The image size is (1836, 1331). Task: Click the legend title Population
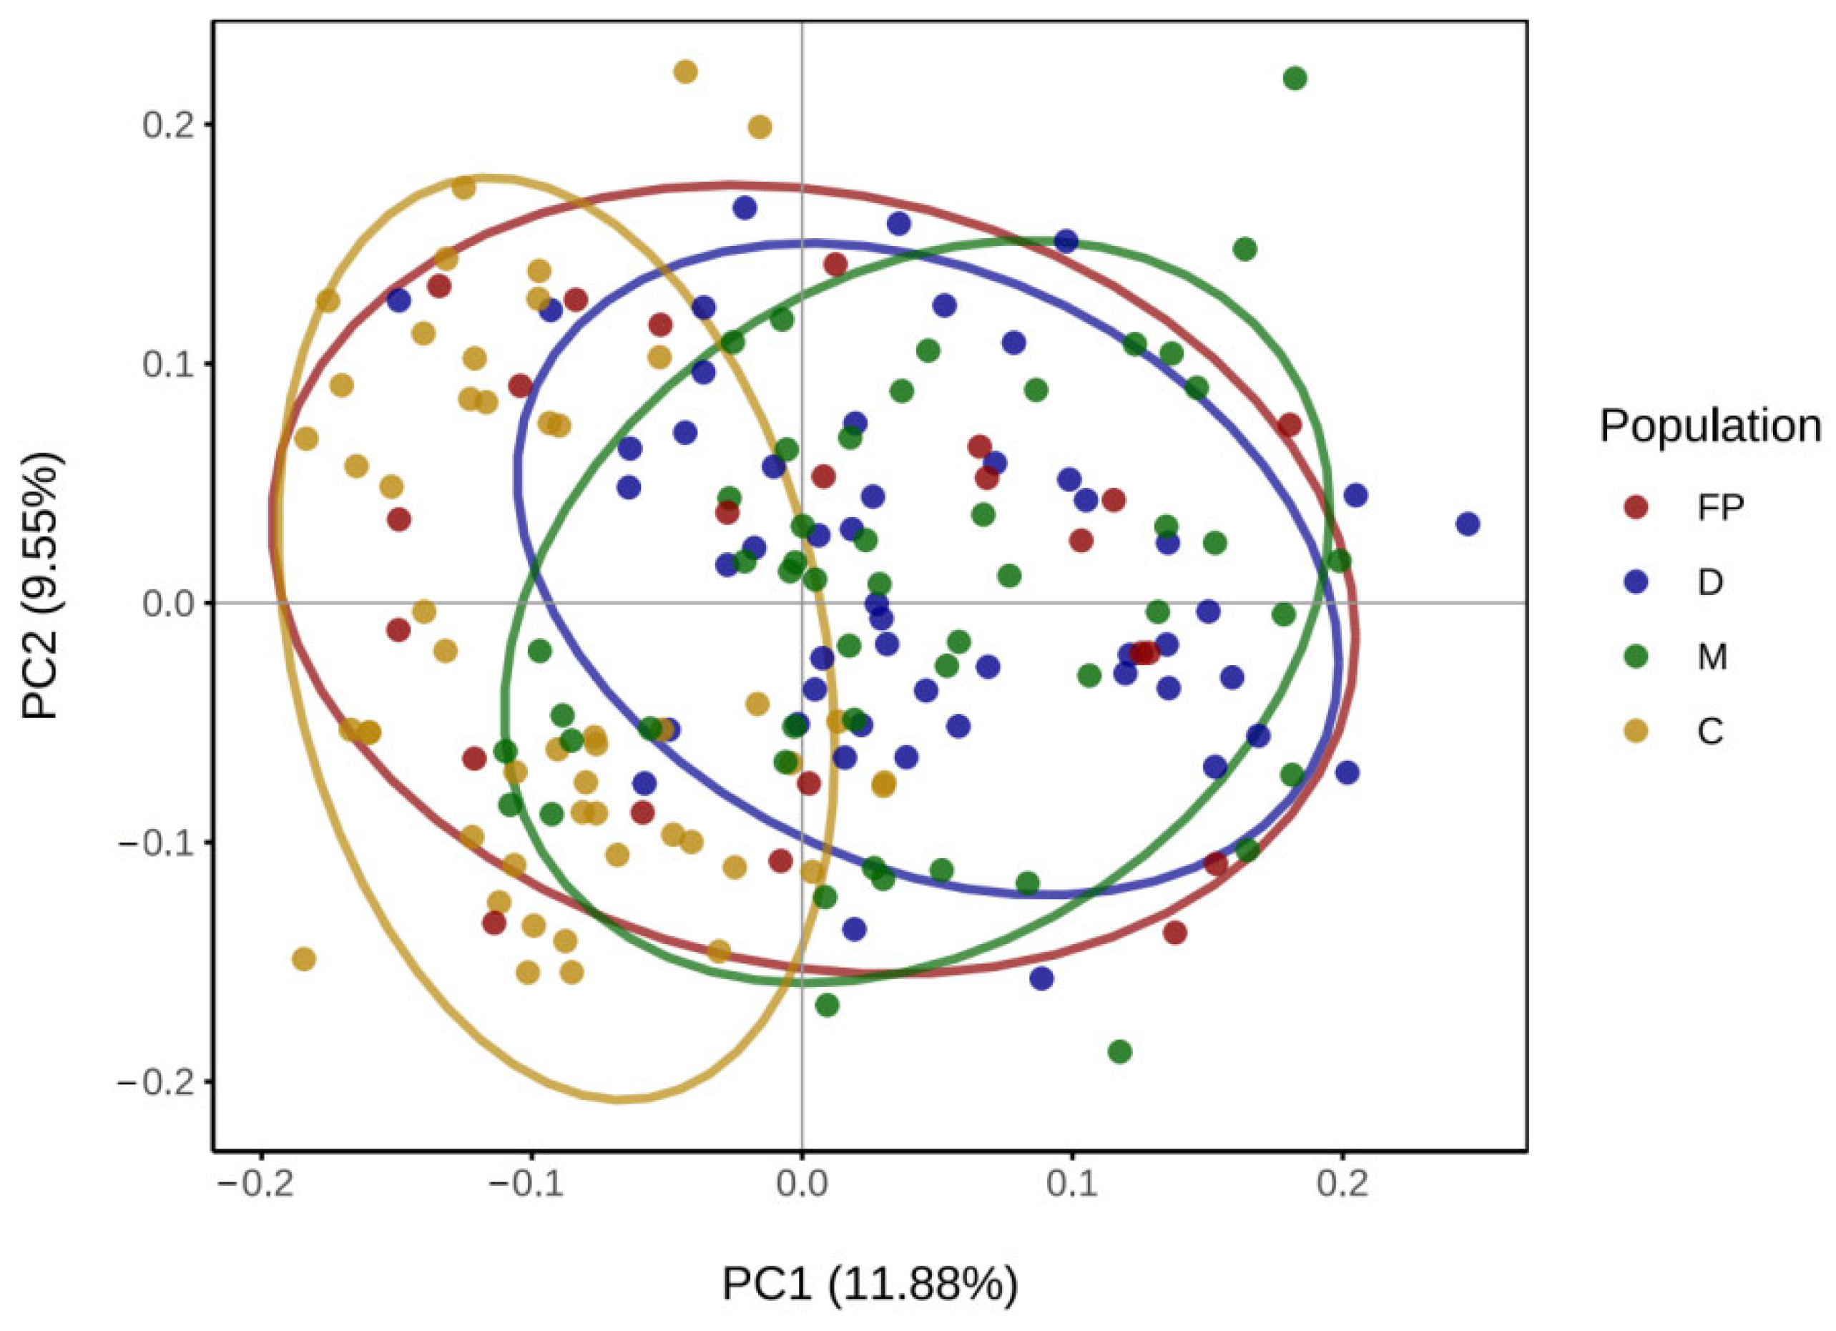point(1709,426)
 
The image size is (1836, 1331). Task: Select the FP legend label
point(1720,508)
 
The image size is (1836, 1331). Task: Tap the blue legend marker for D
point(1637,582)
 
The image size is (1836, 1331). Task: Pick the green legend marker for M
point(1637,657)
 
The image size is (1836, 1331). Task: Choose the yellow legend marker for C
point(1637,731)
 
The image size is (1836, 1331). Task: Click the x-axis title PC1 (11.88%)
point(870,1284)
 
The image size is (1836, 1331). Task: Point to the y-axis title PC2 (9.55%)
point(41,587)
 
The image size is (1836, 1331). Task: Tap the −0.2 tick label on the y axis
point(159,1081)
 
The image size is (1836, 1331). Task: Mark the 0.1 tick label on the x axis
point(1072,1184)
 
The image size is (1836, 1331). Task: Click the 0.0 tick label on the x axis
point(802,1184)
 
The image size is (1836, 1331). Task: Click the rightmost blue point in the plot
point(1468,525)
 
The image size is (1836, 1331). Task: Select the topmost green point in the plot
point(1295,79)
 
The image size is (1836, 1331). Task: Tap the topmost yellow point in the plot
point(685,72)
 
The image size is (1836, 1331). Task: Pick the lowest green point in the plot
point(1119,1051)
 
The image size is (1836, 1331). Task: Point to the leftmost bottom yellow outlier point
point(303,959)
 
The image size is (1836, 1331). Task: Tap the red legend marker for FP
point(1637,508)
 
